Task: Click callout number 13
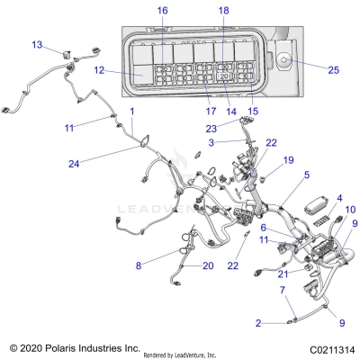click(37, 44)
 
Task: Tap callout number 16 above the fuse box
click(162, 10)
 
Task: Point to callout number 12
click(101, 69)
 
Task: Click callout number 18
click(223, 10)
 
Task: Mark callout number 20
click(208, 265)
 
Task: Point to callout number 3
click(211, 141)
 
